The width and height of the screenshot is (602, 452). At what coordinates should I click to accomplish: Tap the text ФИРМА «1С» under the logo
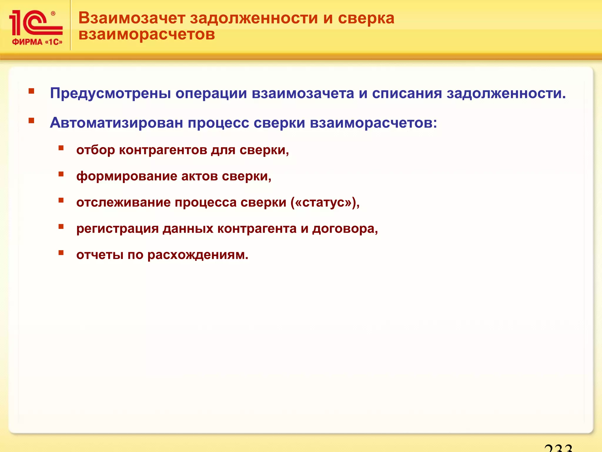click(37, 42)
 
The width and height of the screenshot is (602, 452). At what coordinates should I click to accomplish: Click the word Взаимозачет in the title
click(132, 18)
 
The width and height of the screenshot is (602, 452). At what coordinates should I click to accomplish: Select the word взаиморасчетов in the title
click(147, 34)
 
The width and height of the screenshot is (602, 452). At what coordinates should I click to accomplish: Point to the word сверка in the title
click(366, 18)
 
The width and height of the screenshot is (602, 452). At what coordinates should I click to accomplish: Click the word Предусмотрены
click(110, 93)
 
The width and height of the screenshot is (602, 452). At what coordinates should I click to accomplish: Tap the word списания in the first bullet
click(407, 93)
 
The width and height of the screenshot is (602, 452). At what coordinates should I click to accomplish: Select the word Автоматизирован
click(116, 123)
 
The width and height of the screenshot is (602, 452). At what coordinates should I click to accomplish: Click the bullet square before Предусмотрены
click(31, 91)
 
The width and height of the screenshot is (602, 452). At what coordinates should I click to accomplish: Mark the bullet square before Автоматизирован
click(31, 121)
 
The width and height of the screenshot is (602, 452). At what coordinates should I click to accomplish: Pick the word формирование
click(127, 177)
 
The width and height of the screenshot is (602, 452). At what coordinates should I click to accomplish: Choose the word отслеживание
click(123, 202)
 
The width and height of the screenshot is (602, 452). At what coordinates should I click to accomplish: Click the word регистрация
click(118, 229)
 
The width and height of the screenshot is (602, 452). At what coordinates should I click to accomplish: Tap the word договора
click(345, 229)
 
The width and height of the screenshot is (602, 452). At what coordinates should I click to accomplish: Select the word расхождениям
click(198, 255)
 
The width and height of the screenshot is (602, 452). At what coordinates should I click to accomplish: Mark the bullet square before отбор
click(61, 148)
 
